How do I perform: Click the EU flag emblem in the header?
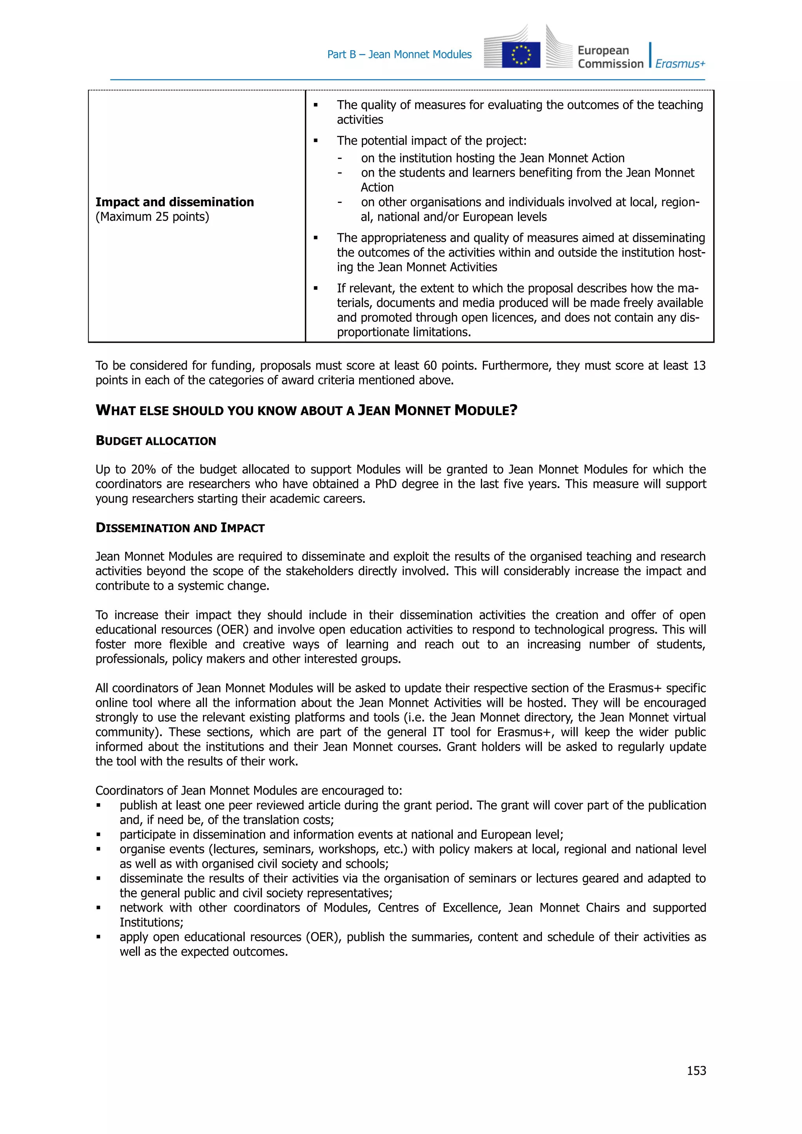520,55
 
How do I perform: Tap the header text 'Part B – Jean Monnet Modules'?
399,54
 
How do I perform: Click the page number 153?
696,1070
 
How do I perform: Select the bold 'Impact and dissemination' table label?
174,202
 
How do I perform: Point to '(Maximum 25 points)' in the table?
152,217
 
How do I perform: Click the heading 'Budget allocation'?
155,441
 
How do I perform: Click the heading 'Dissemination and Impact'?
180,527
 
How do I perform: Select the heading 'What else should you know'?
306,410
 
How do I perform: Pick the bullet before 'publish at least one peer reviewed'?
99,805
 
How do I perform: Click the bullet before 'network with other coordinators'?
99,908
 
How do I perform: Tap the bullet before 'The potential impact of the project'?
316,141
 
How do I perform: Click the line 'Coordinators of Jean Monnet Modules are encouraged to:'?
248,790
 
